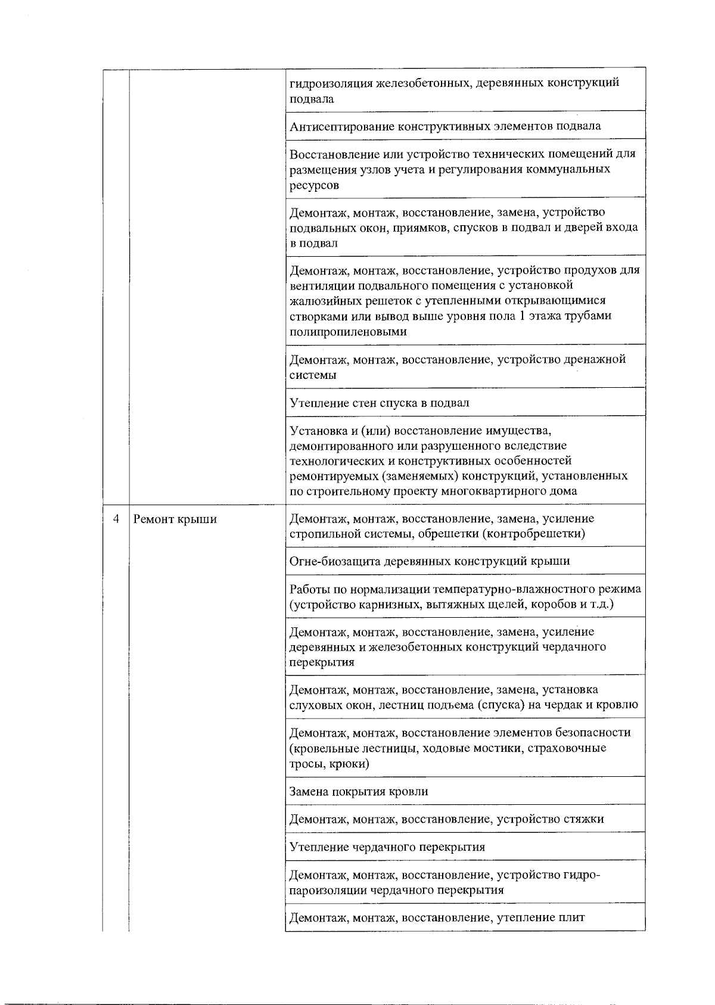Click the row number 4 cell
117,519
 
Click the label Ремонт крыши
175,519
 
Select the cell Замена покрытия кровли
359,791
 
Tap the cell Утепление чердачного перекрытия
387,847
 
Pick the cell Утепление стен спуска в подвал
380,403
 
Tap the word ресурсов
314,185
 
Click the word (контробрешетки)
536,534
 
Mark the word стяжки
583,819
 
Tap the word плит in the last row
573,917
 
